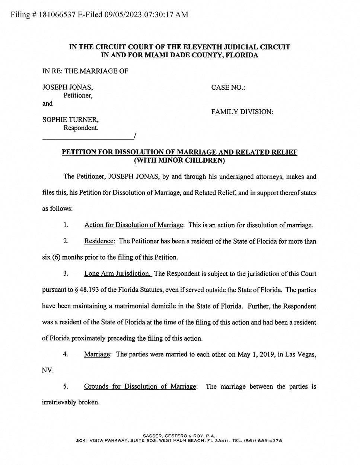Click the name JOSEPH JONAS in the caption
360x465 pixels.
coord(67,87)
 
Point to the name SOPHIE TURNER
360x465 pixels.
coord(70,120)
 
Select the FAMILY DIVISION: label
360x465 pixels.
coord(242,112)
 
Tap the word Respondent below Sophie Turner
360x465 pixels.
coord(80,128)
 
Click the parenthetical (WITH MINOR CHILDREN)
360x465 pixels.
coord(179,161)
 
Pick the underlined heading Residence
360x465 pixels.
coord(99,241)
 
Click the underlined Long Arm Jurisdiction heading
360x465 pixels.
coord(117,273)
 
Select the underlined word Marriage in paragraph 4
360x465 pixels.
coord(97,354)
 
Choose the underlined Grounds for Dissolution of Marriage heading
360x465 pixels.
coord(140,387)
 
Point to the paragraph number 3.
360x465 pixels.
coord(66,273)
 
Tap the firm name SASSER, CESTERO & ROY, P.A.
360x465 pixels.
coord(179,436)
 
